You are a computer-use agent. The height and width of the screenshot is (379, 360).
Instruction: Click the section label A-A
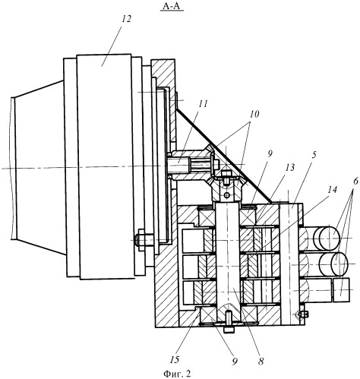172,5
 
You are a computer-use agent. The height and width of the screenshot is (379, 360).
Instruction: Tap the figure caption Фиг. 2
177,374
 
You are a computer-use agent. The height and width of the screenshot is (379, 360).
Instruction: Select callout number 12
126,19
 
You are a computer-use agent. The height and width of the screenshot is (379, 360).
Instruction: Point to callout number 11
203,104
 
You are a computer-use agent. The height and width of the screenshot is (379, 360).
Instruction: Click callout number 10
254,114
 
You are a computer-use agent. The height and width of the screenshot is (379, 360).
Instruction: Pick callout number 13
289,168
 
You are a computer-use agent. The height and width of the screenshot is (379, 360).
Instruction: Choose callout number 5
314,155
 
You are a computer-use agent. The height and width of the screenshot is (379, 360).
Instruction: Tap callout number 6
355,181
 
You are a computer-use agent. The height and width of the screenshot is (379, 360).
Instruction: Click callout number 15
175,359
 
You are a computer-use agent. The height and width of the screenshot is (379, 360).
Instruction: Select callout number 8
261,361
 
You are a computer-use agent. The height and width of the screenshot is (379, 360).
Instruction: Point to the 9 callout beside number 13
270,154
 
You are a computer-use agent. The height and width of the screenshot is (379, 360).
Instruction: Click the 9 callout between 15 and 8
235,362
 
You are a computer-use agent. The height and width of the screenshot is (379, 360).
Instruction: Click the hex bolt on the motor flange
141,240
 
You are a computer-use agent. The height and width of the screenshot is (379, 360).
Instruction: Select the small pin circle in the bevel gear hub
228,195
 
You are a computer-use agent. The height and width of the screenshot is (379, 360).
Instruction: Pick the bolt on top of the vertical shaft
226,177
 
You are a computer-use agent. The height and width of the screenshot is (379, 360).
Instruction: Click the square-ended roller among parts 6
341,289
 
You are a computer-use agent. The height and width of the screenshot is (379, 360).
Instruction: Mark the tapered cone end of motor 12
37,168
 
